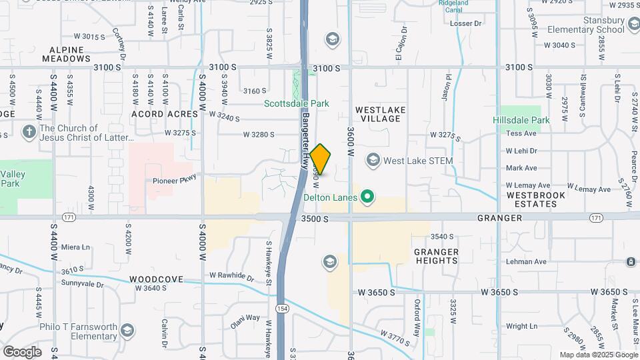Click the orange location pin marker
(321, 159)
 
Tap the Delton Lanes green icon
(365, 197)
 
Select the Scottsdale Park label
(297, 103)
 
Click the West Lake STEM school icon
(373, 161)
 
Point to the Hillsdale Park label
(521, 120)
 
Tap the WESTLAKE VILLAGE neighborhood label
(378, 113)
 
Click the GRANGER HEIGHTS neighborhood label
(436, 256)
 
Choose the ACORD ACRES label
(165, 114)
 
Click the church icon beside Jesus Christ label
(29, 131)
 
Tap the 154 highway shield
(281, 308)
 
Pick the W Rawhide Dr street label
(231, 275)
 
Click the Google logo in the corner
(22, 351)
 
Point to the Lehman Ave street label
(525, 262)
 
